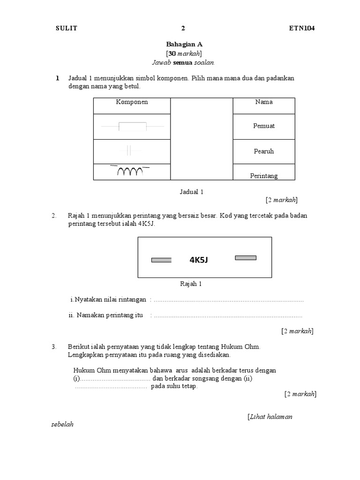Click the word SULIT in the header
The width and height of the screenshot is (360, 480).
point(66,28)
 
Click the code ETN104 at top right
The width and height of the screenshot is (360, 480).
point(302,28)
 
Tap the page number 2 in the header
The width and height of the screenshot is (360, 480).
point(183,28)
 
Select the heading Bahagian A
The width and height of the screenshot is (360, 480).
point(184,45)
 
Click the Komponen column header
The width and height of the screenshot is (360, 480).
point(132,102)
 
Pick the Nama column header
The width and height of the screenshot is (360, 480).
point(264,102)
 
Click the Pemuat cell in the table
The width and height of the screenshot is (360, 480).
point(264,126)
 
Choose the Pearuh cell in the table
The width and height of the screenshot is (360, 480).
point(264,151)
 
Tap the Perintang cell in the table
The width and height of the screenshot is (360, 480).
point(264,176)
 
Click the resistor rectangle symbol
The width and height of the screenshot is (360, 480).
point(133,126)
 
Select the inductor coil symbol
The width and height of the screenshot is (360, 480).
point(130,172)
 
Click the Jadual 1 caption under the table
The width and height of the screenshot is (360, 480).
point(192,192)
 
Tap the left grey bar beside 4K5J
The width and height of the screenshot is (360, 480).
point(161,260)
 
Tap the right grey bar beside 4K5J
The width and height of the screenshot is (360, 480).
point(246,257)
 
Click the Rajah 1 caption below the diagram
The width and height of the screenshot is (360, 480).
point(191,284)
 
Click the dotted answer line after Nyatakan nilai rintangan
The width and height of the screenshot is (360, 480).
point(229,300)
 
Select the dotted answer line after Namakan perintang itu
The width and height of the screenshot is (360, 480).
point(228,315)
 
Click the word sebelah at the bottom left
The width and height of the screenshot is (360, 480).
point(62,425)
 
